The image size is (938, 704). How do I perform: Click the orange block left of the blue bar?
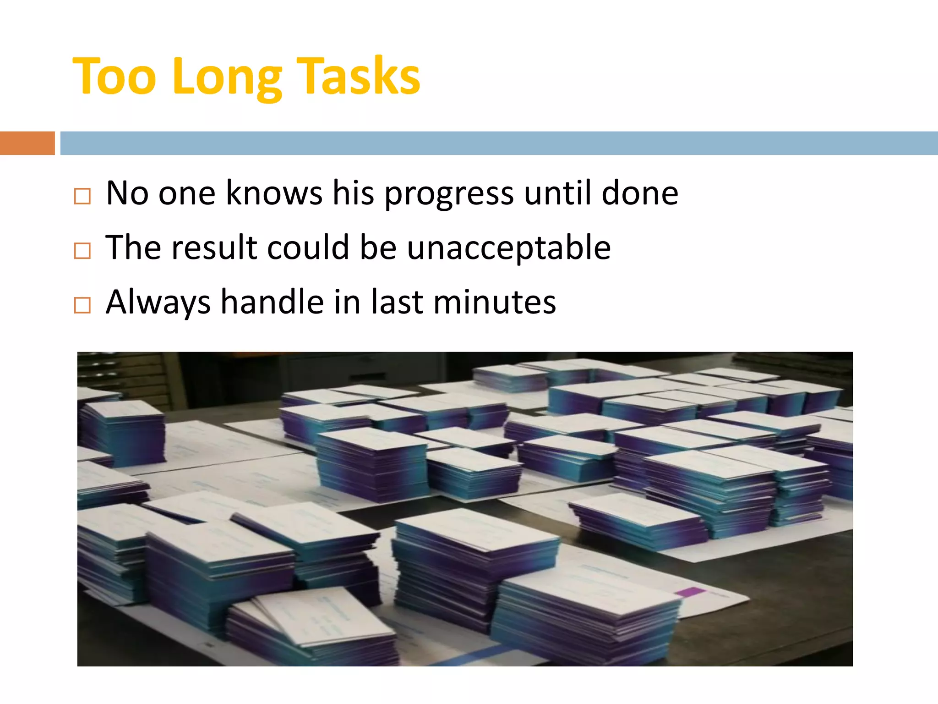(27, 143)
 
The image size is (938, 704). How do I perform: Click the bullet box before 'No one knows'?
(82, 196)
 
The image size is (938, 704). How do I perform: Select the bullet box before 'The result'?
(82, 251)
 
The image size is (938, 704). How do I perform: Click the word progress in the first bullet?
(449, 194)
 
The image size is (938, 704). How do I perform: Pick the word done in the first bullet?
(639, 192)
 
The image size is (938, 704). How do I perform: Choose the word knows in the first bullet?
(274, 192)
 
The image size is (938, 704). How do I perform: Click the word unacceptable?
(508, 248)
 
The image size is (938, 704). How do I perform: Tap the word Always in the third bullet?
(158, 302)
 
